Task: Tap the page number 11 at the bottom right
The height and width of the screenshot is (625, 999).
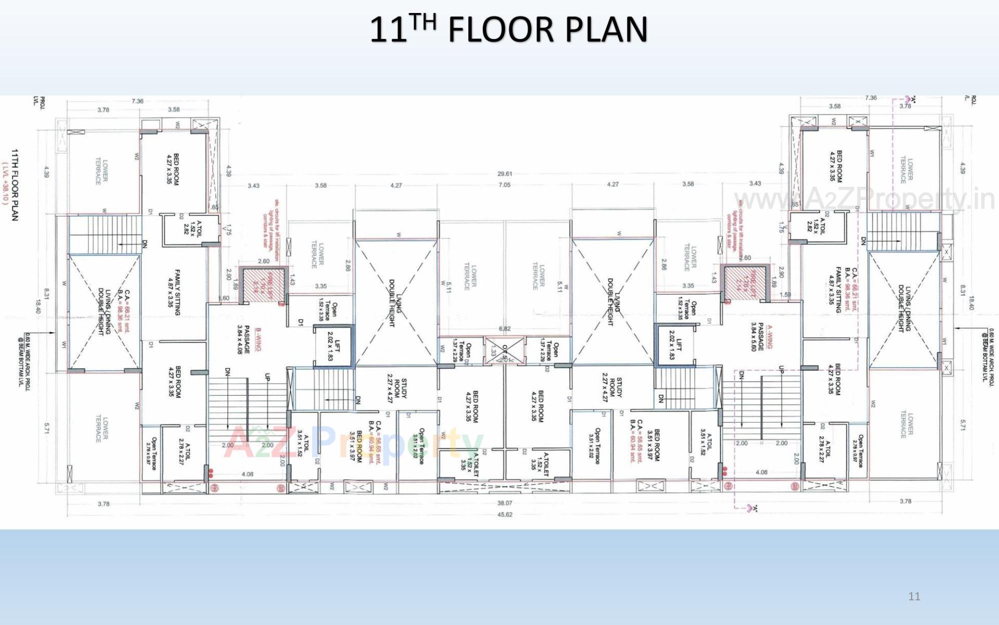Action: [x=914, y=596]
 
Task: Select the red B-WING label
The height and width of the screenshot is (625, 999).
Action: [x=258, y=339]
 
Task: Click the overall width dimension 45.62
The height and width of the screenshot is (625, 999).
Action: [x=505, y=515]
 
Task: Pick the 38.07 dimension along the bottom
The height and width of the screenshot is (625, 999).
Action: [x=505, y=503]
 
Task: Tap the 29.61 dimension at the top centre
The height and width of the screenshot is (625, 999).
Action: [x=505, y=174]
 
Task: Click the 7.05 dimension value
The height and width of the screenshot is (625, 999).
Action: [x=505, y=185]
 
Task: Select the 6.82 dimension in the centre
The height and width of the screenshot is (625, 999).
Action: [x=505, y=329]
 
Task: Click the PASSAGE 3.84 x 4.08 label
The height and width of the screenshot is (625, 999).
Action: [x=243, y=340]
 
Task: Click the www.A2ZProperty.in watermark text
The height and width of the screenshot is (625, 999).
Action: [x=864, y=199]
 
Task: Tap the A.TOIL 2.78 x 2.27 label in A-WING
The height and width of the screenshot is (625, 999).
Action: [x=825, y=449]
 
